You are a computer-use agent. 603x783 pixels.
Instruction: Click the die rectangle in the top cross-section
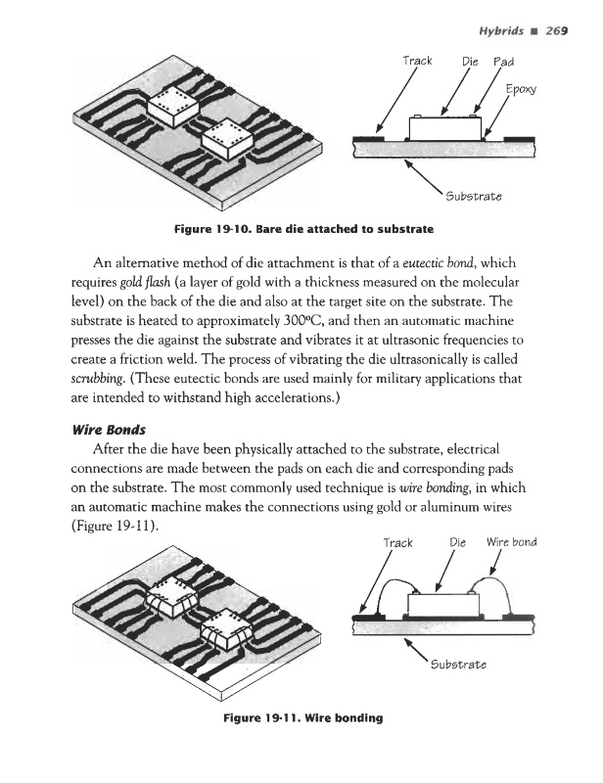tap(443, 127)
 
